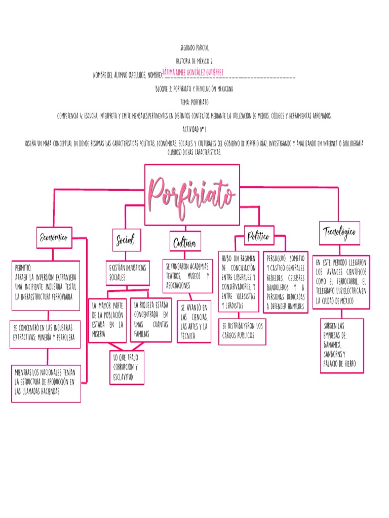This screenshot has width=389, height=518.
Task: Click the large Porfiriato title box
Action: pos(192,195)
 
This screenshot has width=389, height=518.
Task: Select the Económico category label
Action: pos(54,238)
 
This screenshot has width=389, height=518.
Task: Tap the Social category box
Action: pos(126,240)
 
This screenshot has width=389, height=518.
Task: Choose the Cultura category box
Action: pos(185,242)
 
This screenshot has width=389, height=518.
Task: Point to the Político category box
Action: pos(258,236)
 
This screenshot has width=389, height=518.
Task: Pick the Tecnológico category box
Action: pos(339,233)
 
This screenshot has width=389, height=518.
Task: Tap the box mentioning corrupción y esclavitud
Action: pos(127,367)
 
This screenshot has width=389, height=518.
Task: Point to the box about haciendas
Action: pos(46,383)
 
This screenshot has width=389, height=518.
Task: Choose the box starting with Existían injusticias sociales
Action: pos(128,273)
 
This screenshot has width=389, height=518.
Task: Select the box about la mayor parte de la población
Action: pos(107,320)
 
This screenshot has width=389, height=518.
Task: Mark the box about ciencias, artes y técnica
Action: pos(194,322)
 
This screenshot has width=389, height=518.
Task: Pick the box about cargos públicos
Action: pos(242,331)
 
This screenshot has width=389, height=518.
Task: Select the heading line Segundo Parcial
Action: pos(194,48)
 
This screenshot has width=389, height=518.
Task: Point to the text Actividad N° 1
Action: pos(194,129)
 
